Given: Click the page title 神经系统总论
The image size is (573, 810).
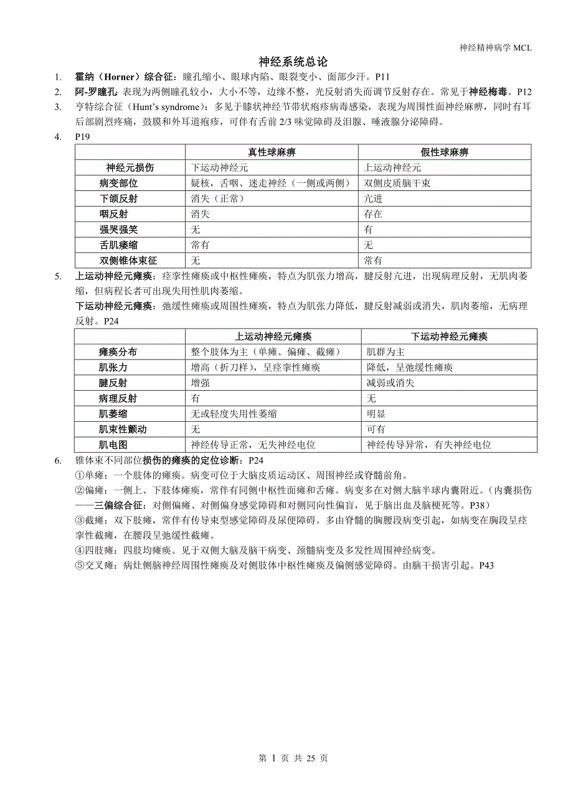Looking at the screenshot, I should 293,62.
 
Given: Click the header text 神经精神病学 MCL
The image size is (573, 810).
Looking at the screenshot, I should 495,48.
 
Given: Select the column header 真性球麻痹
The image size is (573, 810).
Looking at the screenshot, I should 272,152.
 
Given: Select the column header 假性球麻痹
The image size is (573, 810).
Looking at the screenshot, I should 445,152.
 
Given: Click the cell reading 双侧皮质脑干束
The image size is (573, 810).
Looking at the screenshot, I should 397,184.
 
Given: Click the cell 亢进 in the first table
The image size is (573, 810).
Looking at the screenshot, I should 374,198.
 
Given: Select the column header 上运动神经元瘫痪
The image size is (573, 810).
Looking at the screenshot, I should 273,337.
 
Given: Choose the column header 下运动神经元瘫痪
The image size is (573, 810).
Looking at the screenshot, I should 448,337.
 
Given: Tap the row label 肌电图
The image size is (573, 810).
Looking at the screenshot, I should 113,445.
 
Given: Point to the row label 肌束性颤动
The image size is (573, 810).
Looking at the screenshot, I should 123,429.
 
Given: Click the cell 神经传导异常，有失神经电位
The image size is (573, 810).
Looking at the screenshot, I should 429,445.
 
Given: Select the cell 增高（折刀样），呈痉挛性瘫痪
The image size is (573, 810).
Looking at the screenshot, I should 255,368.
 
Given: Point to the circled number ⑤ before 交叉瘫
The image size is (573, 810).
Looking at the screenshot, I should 79,566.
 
